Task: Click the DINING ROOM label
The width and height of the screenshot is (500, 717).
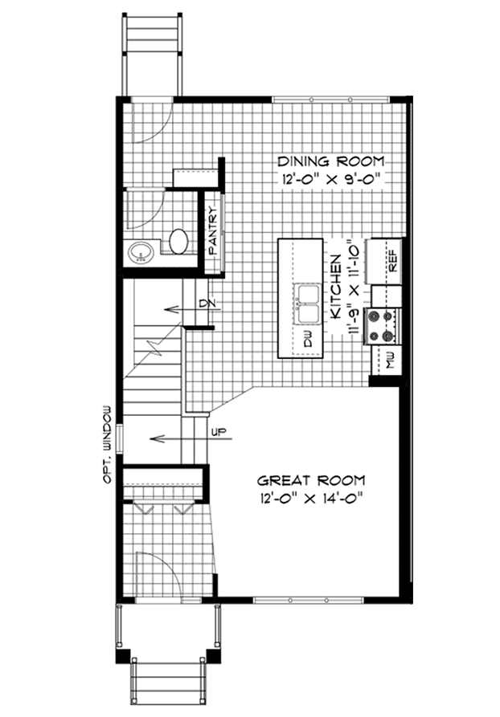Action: [331, 161]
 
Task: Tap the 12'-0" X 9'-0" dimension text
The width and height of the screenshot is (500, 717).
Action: [331, 179]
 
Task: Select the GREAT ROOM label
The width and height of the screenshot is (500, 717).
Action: [311, 481]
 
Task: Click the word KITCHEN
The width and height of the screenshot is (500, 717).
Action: [336, 287]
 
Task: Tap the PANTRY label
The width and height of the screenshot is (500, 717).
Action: [213, 231]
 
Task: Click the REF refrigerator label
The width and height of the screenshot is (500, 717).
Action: [393, 262]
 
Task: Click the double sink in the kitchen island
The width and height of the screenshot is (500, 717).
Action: [308, 304]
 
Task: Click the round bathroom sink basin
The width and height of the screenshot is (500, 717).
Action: [141, 252]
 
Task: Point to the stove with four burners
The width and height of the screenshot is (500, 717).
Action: [383, 325]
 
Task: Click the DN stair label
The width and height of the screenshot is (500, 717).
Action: [203, 303]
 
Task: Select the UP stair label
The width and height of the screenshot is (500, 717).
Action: [218, 430]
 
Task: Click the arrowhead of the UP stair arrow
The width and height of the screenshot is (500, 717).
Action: [157, 439]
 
